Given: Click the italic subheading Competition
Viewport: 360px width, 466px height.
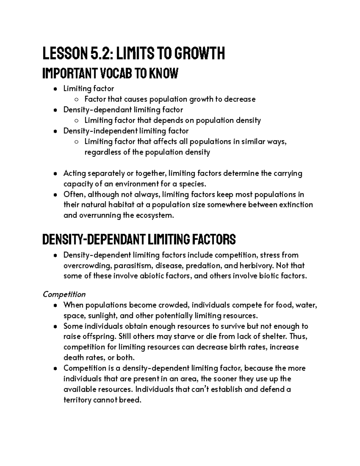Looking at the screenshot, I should click(64, 294).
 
